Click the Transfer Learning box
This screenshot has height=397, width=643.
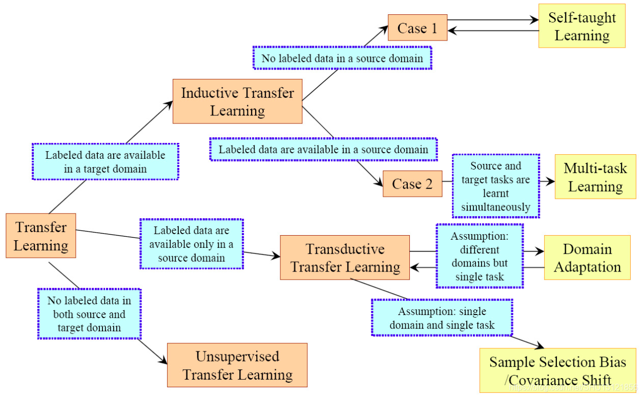point(41,236)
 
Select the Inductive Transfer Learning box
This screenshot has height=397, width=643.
point(237,101)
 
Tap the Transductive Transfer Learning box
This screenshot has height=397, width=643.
point(345,258)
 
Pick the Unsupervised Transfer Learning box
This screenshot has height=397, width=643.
point(237,365)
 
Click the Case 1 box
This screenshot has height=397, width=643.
point(418,28)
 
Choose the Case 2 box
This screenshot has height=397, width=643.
point(412,184)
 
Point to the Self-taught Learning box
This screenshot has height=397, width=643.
point(582,26)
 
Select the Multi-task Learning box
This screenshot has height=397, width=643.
point(595,177)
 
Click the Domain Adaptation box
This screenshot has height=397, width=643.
point(587,258)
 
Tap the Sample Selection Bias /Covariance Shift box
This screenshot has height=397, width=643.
point(557,370)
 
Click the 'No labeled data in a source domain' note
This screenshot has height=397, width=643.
point(342,58)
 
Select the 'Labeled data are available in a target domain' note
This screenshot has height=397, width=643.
point(105,161)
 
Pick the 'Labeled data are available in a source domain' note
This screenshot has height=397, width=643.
point(323,150)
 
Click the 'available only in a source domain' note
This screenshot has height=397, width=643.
point(191,244)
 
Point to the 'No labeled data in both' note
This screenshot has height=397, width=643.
point(89,314)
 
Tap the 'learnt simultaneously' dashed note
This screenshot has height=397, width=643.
point(495,186)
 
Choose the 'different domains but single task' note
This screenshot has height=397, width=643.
point(480,256)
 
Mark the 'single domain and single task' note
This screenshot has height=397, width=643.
point(442,318)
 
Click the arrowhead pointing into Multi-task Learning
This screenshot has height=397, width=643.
point(551,181)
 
